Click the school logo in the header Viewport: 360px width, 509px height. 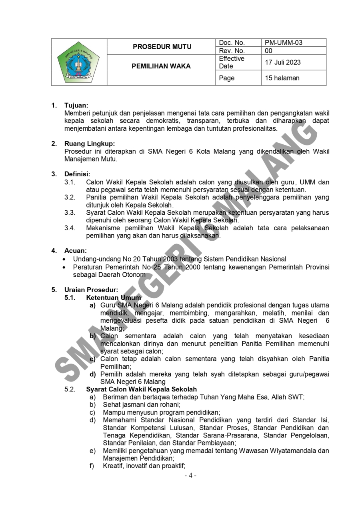[79, 62]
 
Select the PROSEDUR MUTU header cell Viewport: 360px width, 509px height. [162, 47]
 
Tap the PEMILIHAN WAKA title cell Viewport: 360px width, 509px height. [161, 66]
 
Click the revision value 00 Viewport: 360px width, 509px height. [268, 51]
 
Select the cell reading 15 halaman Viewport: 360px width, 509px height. [282, 78]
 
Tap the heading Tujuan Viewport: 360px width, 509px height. [76, 106]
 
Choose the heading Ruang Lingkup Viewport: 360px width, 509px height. [89, 144]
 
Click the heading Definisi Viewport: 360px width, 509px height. [77, 174]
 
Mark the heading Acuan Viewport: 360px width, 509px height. [75, 251]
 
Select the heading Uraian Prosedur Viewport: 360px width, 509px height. [91, 289]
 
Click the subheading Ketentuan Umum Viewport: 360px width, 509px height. [114, 297]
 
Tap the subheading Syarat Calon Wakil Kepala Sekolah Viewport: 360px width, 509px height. [141, 389]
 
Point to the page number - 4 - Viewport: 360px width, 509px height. [190, 475]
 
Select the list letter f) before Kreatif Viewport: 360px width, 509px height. [92, 465]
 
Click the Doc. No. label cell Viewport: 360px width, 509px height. [232, 43]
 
